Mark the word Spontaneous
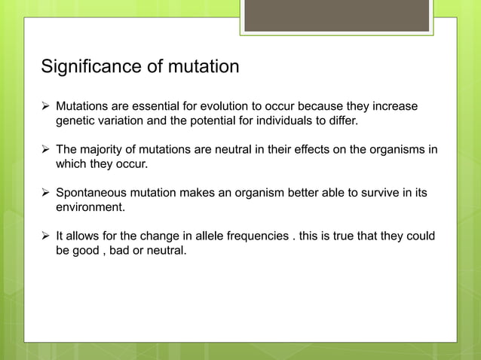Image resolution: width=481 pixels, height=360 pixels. point(92,193)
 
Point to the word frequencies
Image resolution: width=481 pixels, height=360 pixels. point(246,236)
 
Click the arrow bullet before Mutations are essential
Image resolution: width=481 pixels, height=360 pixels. point(45,106)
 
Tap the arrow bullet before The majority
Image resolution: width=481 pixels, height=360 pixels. point(45,149)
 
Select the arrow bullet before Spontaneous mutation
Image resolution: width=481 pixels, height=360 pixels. point(45,193)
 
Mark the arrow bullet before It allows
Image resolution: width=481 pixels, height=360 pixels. point(45,236)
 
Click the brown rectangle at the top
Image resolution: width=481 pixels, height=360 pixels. point(336,16)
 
